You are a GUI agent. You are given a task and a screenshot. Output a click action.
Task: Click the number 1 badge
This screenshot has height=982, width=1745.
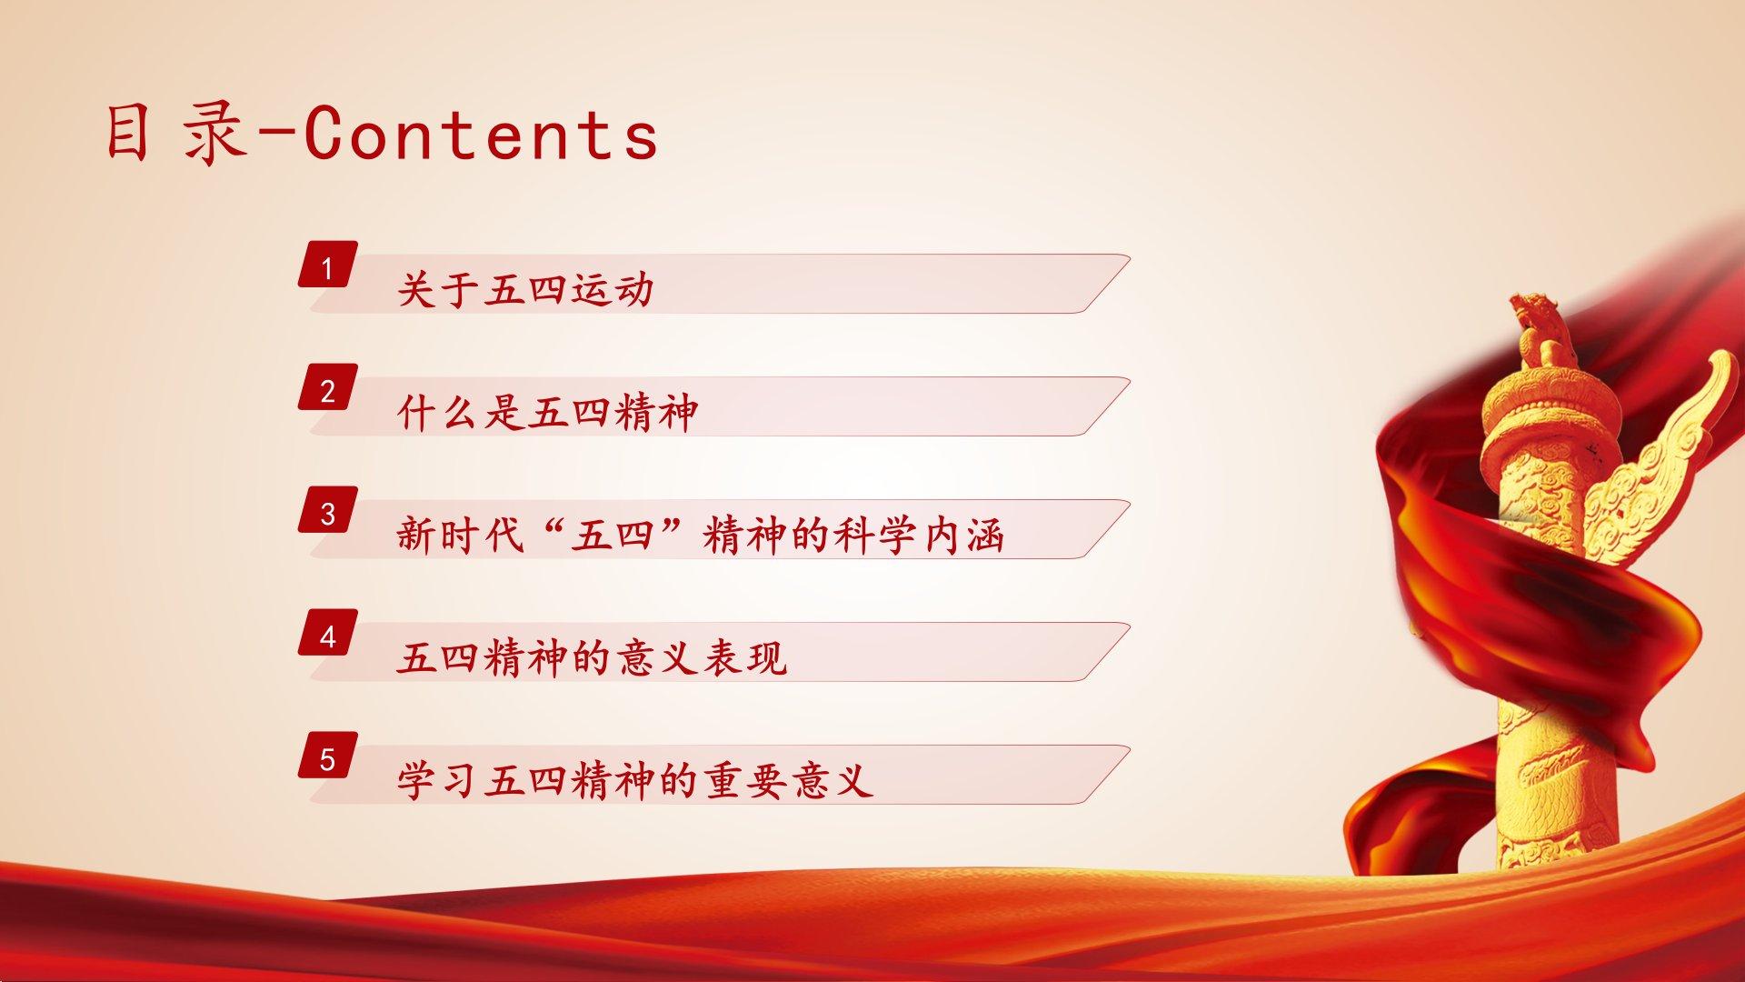click(x=327, y=265)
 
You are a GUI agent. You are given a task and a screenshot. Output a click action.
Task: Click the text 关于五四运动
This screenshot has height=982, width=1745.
click(x=525, y=290)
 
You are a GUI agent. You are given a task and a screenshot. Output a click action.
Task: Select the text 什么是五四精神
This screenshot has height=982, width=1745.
click(x=547, y=413)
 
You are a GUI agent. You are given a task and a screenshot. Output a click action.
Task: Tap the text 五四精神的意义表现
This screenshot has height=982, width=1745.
click(x=592, y=658)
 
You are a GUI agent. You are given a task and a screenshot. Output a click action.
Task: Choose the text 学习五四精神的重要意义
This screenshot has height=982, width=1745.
click(x=635, y=781)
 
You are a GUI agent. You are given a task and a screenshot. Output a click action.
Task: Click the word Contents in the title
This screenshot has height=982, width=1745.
click(x=481, y=135)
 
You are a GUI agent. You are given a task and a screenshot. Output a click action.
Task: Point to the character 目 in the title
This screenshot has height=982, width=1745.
click(x=127, y=135)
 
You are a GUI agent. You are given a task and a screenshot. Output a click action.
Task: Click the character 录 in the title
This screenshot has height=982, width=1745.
click(x=215, y=135)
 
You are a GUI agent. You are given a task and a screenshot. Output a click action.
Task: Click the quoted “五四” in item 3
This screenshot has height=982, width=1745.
click(x=615, y=536)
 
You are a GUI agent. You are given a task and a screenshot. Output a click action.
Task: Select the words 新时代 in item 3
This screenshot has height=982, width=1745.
click(x=461, y=536)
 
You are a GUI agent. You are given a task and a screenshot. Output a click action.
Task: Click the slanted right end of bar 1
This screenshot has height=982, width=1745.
click(x=1106, y=284)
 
